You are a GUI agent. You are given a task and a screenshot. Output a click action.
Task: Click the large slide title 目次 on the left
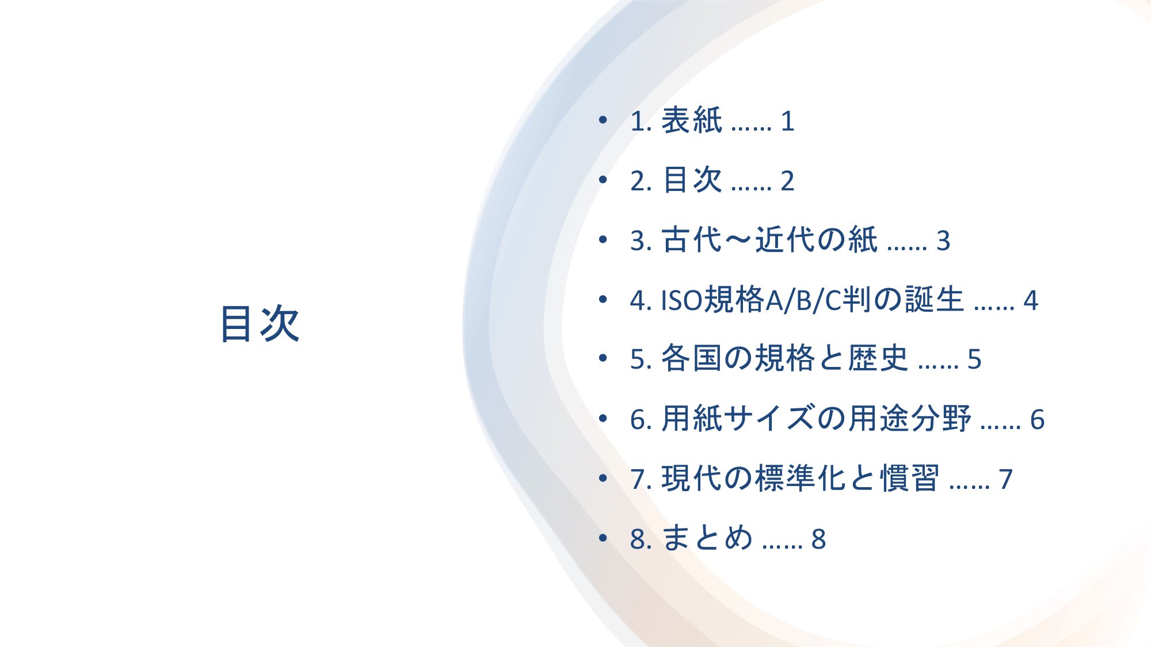[260, 324]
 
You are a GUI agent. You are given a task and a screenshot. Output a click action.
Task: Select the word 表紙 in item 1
[691, 121]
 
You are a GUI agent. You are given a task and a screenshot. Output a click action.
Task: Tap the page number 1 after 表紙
[788, 122]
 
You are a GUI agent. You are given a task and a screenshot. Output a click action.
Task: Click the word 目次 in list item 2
[691, 181]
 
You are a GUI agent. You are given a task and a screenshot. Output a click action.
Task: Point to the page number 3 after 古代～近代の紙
[943, 241]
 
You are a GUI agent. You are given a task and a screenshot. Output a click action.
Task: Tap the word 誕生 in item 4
[934, 300]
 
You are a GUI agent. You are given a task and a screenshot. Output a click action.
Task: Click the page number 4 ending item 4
[1031, 301]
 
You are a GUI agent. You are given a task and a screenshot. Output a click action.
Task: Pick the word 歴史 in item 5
[878, 358]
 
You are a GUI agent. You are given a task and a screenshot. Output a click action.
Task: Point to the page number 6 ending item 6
[1037, 420]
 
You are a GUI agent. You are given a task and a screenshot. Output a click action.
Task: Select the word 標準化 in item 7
[801, 478]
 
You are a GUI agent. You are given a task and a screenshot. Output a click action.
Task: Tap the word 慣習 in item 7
[910, 478]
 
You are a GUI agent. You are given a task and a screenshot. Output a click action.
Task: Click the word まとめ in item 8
[707, 538]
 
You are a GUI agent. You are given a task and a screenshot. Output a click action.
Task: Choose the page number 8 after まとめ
[819, 539]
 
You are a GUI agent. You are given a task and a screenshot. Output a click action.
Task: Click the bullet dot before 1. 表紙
[603, 120]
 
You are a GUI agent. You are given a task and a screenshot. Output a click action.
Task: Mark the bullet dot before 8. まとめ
[603, 537]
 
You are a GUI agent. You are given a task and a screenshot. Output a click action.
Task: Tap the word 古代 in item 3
[691, 240]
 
